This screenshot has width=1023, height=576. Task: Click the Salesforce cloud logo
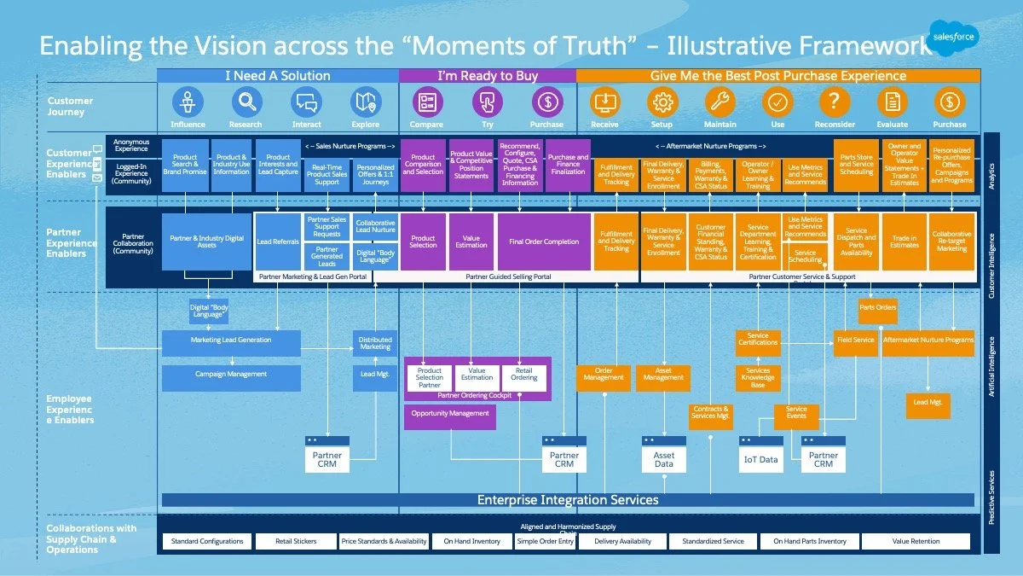point(955,38)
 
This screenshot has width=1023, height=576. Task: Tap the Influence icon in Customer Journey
point(188,103)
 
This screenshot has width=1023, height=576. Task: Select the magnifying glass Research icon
point(246,103)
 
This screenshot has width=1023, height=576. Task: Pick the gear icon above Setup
point(662,102)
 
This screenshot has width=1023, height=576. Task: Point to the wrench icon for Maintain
point(720,102)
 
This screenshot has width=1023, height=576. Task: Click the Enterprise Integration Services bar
point(567,500)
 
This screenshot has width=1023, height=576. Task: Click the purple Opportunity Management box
point(450,414)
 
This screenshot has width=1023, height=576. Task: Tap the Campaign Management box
point(231,375)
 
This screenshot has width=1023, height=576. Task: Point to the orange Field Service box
point(856,340)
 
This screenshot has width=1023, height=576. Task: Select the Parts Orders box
point(877,308)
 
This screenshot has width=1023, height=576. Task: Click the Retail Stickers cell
point(295,541)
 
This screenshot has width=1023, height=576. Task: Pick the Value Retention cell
point(916,541)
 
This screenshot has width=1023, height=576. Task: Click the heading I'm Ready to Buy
point(488,76)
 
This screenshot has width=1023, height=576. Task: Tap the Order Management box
point(604,374)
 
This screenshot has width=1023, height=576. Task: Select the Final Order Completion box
point(544,241)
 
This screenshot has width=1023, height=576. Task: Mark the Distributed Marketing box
point(375,343)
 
